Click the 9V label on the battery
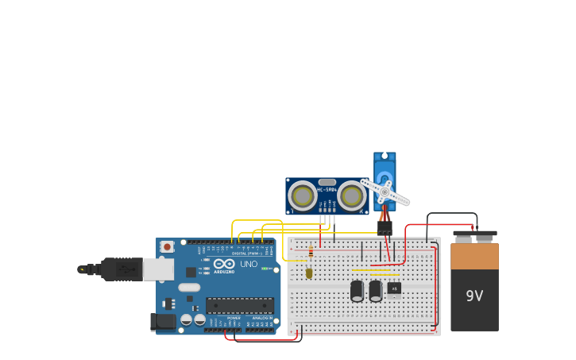pos(474,296)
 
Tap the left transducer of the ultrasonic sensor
pos(303,195)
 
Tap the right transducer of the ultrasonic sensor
pos(351,195)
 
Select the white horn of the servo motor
pos(385,192)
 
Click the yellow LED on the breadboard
pos(309,273)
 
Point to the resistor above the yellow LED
pos(311,253)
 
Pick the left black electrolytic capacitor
pos(358,291)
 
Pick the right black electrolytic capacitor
pos(376,291)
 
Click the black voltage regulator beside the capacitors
pos(394,288)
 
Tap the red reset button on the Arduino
pos(167,247)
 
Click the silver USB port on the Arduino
pos(158,269)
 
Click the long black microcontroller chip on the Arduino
pos(240,305)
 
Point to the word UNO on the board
pos(249,264)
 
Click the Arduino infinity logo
pos(223,263)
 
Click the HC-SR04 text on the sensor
pos(327,190)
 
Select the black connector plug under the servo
pos(385,228)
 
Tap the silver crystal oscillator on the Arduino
pos(189,287)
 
